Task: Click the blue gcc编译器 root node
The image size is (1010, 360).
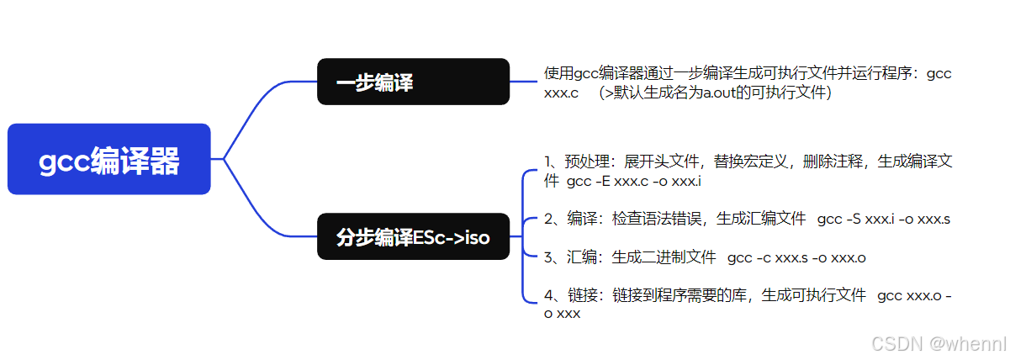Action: click(108, 160)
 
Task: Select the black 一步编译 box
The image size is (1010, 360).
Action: click(413, 82)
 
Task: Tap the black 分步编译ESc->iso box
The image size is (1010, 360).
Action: click(413, 237)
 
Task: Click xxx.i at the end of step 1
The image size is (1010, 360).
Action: click(685, 181)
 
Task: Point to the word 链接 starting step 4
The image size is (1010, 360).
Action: click(577, 295)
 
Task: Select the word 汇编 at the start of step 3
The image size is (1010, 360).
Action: click(577, 257)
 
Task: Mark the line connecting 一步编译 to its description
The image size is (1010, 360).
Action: click(523, 82)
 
